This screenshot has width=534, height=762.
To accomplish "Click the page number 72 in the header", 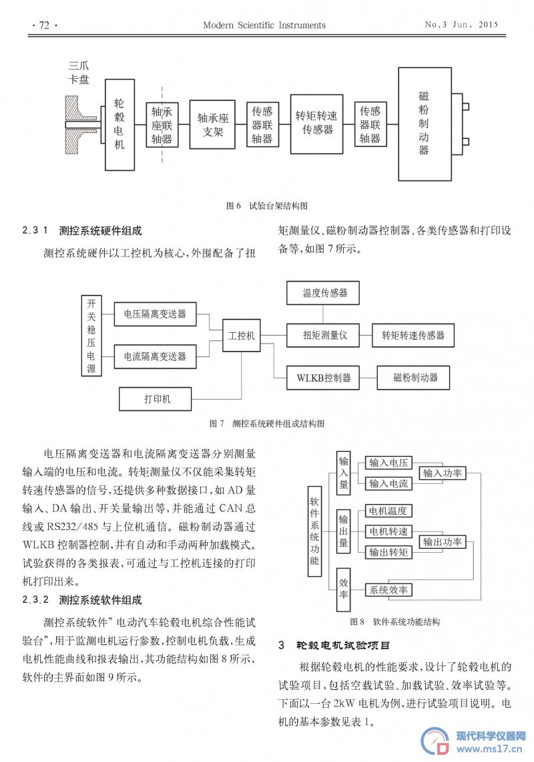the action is pos(44,25).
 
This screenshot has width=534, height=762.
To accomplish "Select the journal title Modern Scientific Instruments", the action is pos(264,25).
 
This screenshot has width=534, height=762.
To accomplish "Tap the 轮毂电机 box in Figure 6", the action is pos(120,124).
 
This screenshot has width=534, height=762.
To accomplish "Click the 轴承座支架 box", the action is pos(212,124).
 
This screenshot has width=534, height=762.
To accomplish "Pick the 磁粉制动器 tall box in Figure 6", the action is pos(425,124).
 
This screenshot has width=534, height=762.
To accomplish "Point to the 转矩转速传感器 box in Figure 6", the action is pos(316,124).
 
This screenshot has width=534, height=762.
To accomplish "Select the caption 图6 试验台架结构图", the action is pos(266,206).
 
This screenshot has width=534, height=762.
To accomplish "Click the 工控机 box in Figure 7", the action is pos(241,336).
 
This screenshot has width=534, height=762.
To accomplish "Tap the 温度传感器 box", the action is pos(323,293).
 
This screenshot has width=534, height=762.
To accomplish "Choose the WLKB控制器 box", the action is pos(323,378).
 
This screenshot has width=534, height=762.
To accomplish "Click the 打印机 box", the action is pos(156,399).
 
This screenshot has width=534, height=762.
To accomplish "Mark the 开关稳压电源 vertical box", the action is pos(91,336).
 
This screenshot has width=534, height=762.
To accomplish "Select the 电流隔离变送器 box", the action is pos(155,356).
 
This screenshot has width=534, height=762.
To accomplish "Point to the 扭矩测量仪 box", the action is pos(323,335).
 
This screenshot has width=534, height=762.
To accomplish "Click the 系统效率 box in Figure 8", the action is pos(388,590).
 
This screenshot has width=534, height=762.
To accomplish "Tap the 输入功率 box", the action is pos(443,473).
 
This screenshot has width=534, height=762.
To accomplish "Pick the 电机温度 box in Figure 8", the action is pos(388,511).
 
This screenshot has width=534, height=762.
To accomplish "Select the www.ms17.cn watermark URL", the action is pos(490,749).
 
